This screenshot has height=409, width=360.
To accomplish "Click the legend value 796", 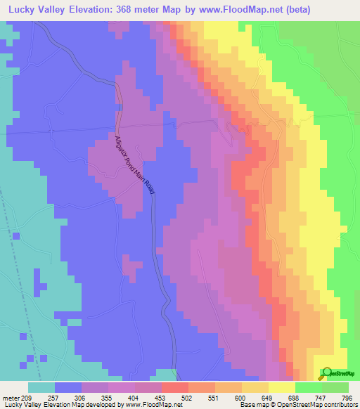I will tap(345, 397).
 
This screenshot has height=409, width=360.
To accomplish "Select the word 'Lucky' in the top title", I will tap(23, 10).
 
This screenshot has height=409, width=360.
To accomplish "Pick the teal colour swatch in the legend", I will tap(41, 387).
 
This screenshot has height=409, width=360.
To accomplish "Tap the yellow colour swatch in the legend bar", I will tap(282, 387).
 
